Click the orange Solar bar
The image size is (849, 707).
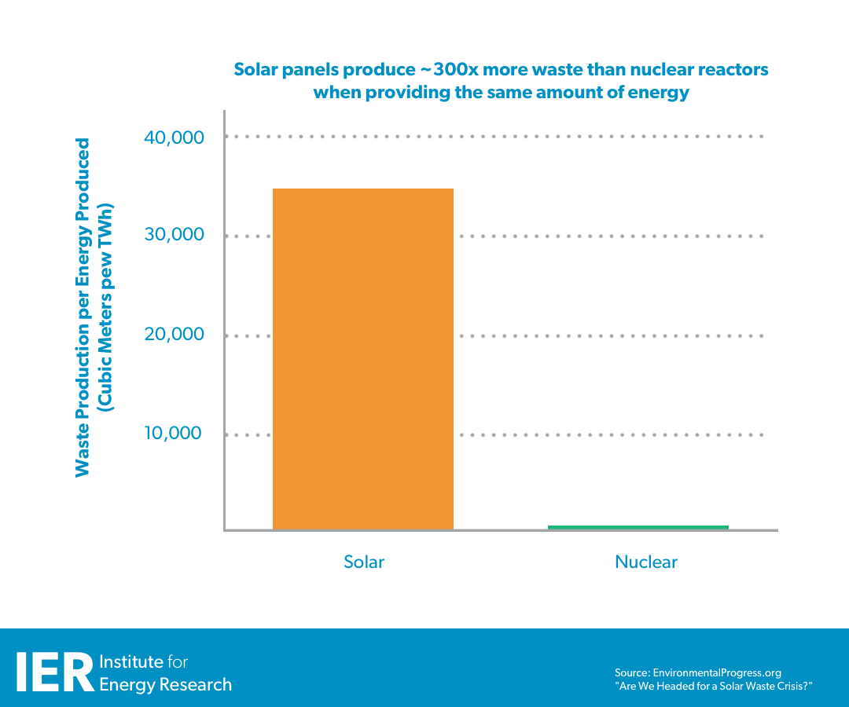tap(362, 359)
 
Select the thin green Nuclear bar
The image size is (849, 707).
tap(638, 527)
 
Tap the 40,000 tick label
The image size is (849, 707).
tap(174, 137)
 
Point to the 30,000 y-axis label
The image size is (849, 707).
tap(174, 235)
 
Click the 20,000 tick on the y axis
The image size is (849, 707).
tap(174, 335)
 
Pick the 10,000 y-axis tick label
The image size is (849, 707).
tap(174, 434)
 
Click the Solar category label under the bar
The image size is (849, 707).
tap(364, 562)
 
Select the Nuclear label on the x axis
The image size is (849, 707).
tap(645, 562)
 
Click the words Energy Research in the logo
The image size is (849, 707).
tap(165, 684)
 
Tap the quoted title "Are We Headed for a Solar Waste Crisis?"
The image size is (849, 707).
tap(712, 687)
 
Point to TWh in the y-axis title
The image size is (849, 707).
tap(105, 223)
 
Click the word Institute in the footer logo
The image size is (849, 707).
tap(132, 661)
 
